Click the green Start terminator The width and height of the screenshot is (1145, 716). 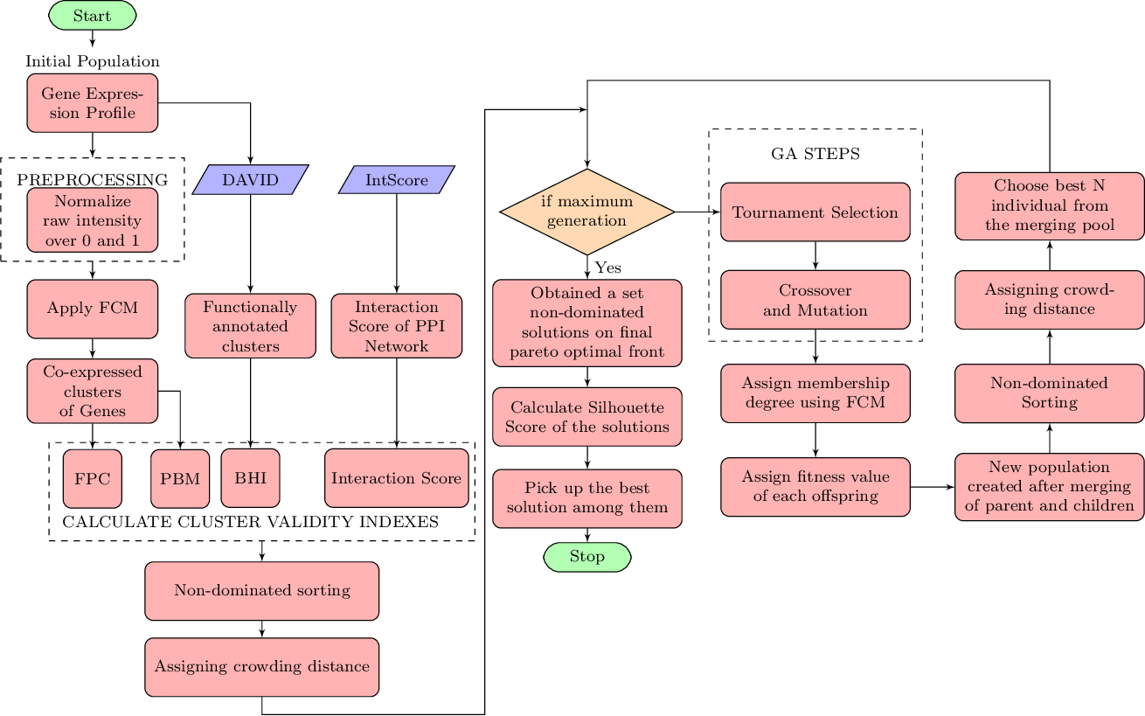[92, 16]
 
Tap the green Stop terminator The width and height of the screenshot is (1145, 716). [586, 557]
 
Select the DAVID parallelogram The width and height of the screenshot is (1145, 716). [250, 180]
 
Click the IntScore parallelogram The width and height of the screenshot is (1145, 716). [397, 180]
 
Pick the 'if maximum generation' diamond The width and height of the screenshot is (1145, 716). [586, 212]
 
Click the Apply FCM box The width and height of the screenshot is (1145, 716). [92, 308]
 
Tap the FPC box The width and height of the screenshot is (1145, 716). [92, 478]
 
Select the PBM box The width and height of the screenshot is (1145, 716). [180, 478]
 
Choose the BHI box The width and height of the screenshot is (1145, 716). [250, 478]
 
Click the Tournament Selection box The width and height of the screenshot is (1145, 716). [815, 212]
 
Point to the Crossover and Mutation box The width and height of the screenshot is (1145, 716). [815, 300]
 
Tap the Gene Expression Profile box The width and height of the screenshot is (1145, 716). [92, 103]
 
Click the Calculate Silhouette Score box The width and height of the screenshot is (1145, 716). [586, 417]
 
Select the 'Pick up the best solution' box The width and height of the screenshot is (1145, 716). [586, 498]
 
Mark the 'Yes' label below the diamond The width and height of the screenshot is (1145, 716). [607, 268]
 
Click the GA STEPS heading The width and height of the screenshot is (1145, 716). [815, 154]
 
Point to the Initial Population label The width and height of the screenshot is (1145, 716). [92, 61]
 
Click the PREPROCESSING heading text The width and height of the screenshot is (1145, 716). [92, 179]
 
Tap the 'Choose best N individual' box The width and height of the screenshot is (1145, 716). [1049, 205]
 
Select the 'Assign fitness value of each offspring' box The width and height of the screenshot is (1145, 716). [815, 486]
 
